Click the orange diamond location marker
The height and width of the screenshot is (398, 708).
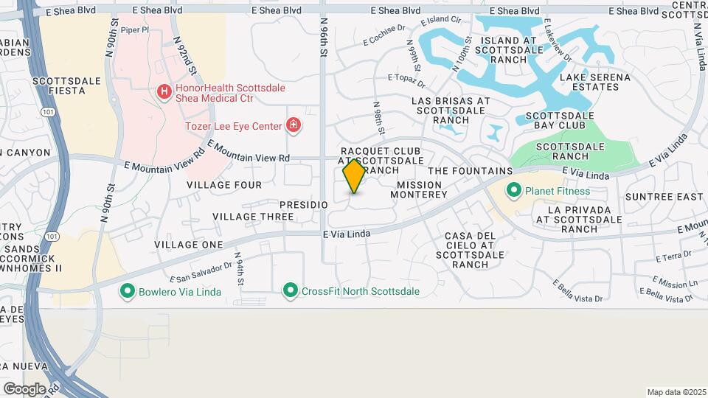click(354, 176)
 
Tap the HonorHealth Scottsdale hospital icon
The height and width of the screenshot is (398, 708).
click(164, 92)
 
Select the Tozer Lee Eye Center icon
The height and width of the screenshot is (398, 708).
click(294, 126)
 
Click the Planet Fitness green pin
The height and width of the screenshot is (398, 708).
click(515, 191)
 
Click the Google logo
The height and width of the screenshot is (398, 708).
click(24, 388)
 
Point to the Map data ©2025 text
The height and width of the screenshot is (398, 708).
click(676, 391)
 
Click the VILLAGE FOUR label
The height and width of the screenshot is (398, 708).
click(223, 184)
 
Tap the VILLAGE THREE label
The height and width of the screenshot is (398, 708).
click(253, 217)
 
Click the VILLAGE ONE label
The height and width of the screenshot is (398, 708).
click(188, 244)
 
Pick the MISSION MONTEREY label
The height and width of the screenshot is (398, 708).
click(422, 189)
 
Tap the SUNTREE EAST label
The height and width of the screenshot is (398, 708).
click(664, 197)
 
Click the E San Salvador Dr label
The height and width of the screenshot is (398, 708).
click(201, 270)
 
